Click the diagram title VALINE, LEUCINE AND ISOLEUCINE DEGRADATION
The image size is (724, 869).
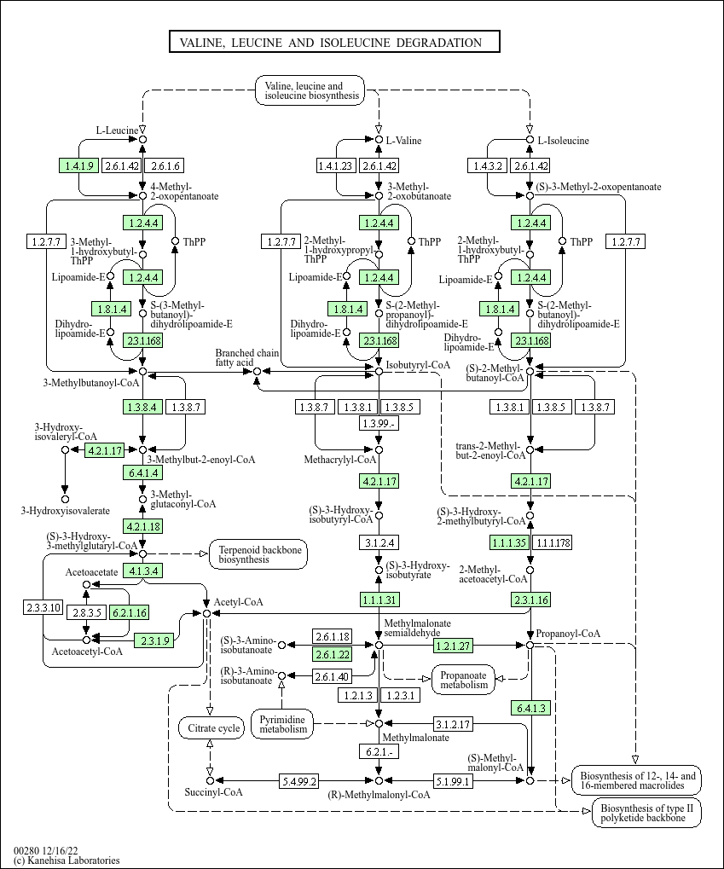click(333, 43)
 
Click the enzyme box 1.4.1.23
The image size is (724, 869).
click(335, 165)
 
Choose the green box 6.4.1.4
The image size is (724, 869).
click(142, 472)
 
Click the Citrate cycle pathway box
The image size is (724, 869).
click(210, 728)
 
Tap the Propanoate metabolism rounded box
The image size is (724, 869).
click(464, 679)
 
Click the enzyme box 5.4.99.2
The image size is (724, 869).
click(299, 780)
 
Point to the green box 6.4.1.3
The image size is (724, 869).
click(530, 708)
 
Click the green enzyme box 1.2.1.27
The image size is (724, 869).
click(454, 646)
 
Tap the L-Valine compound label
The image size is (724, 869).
click(403, 140)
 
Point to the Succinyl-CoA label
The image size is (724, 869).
click(213, 792)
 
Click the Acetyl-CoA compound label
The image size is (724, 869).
click(238, 602)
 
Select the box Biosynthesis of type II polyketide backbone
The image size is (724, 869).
click(647, 813)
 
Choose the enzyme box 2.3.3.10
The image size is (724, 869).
click(43, 607)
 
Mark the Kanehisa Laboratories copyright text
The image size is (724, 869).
click(67, 860)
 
